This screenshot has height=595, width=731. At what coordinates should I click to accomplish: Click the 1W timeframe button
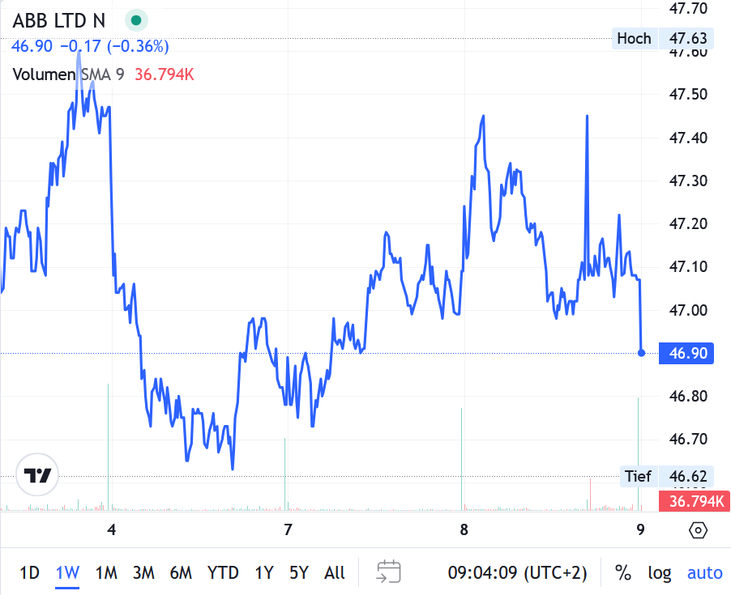click(x=67, y=573)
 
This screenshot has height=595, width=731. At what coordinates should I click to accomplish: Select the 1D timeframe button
click(x=29, y=573)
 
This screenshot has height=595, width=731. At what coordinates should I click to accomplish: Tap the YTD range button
click(x=223, y=573)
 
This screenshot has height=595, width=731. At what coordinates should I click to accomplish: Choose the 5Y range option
click(x=299, y=573)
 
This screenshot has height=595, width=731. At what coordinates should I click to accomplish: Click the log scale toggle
click(x=660, y=573)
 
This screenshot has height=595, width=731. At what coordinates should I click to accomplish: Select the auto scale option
click(x=704, y=573)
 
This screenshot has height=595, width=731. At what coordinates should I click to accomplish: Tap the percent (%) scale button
click(x=623, y=573)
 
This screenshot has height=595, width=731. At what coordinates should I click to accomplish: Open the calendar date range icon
click(x=389, y=572)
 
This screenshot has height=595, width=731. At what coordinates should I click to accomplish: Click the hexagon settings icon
click(x=699, y=530)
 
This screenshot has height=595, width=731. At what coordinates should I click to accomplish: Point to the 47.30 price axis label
click(x=687, y=181)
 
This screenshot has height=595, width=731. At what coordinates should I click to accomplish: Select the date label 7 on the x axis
click(x=288, y=530)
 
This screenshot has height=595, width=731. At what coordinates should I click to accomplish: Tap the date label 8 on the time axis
click(x=464, y=530)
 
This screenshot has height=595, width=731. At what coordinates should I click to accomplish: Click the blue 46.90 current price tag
click(x=687, y=353)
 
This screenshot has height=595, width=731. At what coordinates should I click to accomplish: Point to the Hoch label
click(x=634, y=38)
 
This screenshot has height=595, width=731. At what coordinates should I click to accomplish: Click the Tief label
click(x=638, y=476)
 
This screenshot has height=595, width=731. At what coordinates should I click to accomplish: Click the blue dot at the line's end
click(x=641, y=353)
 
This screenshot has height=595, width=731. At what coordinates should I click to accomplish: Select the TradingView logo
click(x=38, y=475)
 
